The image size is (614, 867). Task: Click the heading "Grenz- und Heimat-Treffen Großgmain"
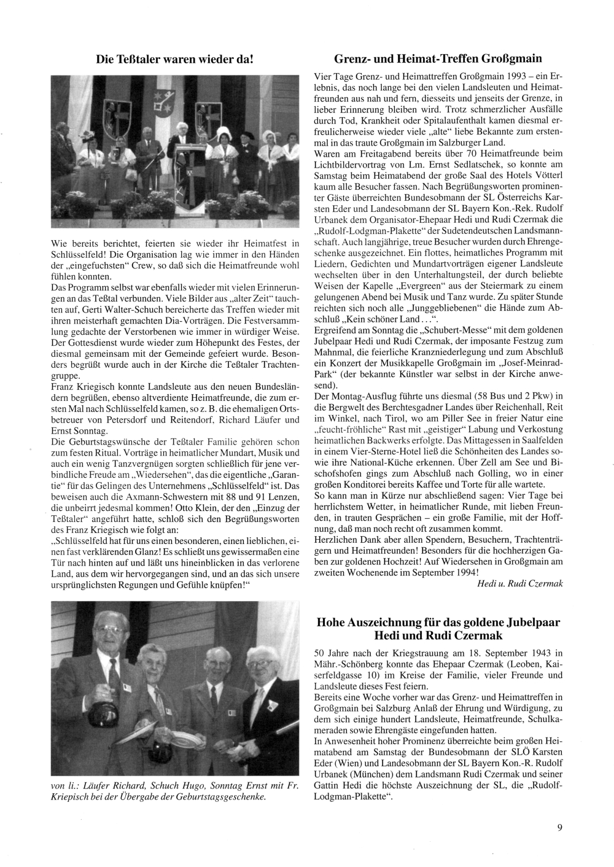click(438, 59)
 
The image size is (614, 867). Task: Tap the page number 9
click(559, 827)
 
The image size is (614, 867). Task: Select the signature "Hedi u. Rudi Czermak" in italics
click(519, 583)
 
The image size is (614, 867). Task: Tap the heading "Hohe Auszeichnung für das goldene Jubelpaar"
click(438, 622)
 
